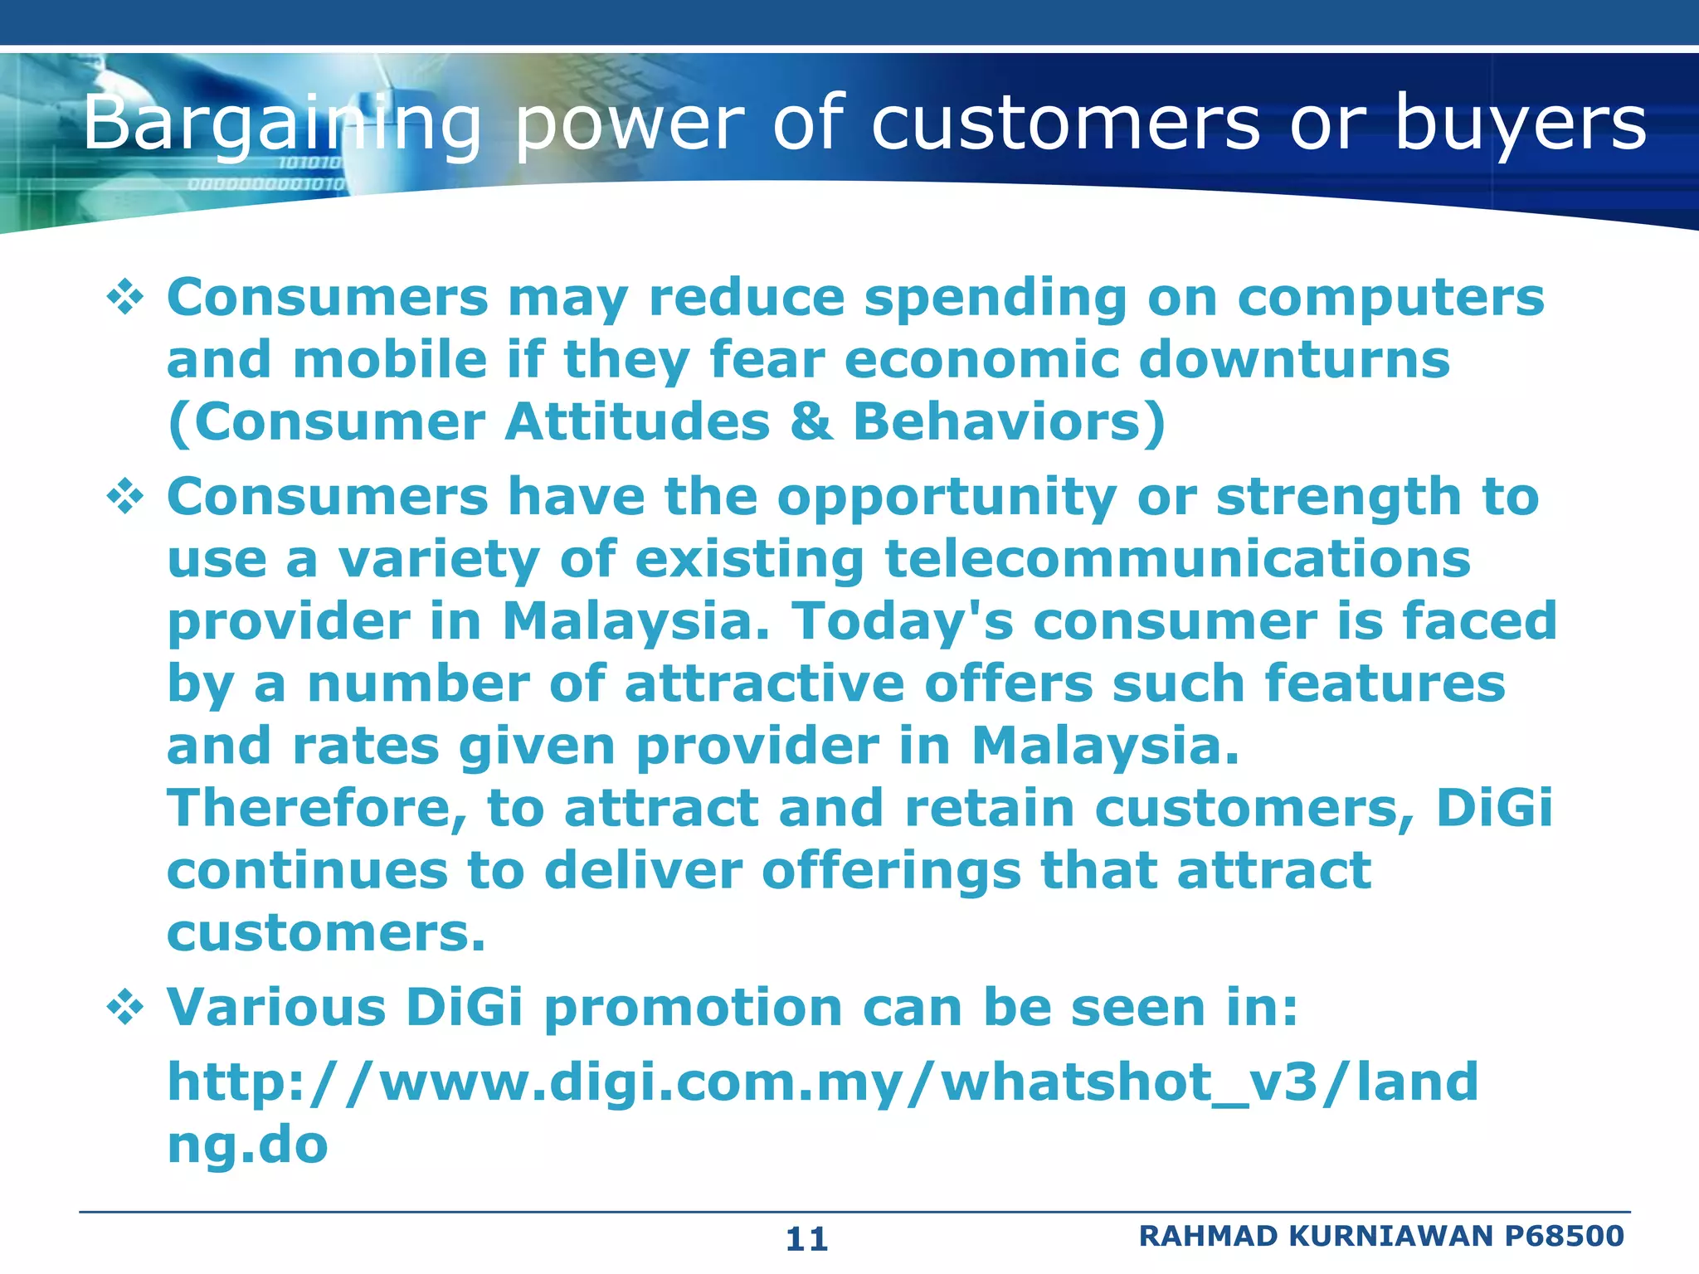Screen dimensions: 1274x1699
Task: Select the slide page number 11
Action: pos(806,1239)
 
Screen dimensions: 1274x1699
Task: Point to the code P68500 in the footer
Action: pos(1564,1236)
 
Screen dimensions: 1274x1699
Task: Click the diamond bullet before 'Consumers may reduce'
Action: pos(125,299)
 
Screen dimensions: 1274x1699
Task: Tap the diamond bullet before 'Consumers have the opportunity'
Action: pos(125,498)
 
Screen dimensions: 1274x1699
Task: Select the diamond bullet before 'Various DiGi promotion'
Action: pos(125,1009)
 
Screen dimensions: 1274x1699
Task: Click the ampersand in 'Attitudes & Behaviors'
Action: pos(811,422)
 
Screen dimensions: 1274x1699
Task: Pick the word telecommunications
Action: pos(1177,559)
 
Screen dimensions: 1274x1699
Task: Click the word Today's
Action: pos(903,621)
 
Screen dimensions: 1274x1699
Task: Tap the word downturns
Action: pos(1295,360)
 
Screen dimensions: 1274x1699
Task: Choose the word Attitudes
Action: pos(637,422)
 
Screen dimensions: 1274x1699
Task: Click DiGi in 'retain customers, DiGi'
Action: pos(1494,809)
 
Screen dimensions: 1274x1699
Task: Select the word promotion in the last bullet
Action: pos(694,1009)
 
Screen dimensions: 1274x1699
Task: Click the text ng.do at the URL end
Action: pos(247,1145)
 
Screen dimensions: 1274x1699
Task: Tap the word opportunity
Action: pos(947,498)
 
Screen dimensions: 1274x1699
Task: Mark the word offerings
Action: pos(891,871)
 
